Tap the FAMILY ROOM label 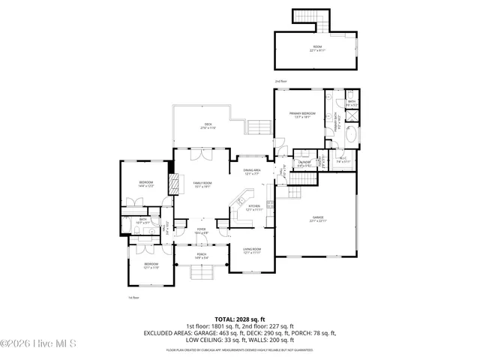coord(201,184)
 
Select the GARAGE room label coord(318,219)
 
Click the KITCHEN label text coord(253,208)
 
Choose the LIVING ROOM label coord(251,250)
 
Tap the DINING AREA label coord(251,172)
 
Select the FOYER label coord(201,230)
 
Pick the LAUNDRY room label coord(304,163)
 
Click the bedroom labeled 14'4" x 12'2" coord(145,184)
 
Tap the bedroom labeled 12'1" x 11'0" coord(151,265)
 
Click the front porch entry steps coord(202,274)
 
